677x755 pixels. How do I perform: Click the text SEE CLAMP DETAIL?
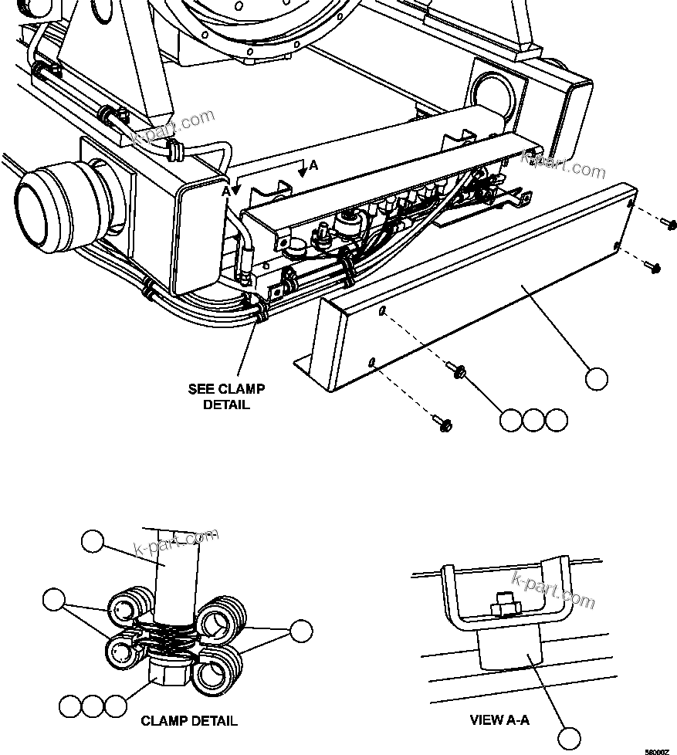225,397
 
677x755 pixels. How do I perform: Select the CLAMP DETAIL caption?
189,721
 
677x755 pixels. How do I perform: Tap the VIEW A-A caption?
499,720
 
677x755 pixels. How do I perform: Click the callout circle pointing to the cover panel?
595,378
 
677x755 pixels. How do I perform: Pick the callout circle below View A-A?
569,737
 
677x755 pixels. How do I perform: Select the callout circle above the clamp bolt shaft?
92,542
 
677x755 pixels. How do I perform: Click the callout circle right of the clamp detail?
300,631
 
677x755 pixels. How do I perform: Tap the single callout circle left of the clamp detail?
53,600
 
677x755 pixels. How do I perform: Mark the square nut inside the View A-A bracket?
503,606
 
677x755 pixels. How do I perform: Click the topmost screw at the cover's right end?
667,223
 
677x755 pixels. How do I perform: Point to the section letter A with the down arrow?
313,165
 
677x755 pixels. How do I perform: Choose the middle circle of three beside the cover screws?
533,420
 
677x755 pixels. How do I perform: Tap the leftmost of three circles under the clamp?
70,706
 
